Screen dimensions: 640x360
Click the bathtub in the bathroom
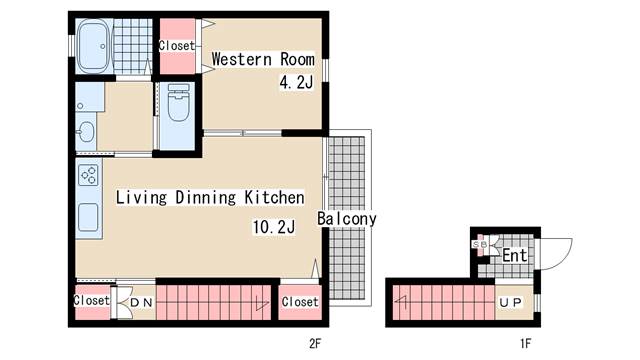pos(94,46)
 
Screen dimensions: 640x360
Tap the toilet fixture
pos(178,103)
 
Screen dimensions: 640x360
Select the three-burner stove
pos(89,175)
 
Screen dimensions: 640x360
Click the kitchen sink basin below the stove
pos(88,217)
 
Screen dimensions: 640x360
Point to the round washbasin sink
pos(86,132)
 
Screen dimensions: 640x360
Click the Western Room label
pos(263,59)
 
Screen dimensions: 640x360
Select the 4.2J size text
pos(296,83)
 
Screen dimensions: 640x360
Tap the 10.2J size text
pos(274,227)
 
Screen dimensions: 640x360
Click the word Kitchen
pos(274,198)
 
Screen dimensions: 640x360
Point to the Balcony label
pos(347,219)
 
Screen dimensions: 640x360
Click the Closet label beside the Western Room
pos(177,45)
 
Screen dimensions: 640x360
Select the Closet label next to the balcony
pos(300,302)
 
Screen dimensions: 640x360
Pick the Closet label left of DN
pos(92,300)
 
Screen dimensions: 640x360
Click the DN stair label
pos(141,303)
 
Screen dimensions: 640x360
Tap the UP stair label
pos(511,302)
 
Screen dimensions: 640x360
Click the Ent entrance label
pos(515,256)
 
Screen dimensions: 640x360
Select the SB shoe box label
pos(480,244)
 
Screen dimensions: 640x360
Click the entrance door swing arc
pos(564,259)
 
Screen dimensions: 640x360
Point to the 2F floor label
pos(315,344)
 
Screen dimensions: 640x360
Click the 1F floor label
pos(526,344)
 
